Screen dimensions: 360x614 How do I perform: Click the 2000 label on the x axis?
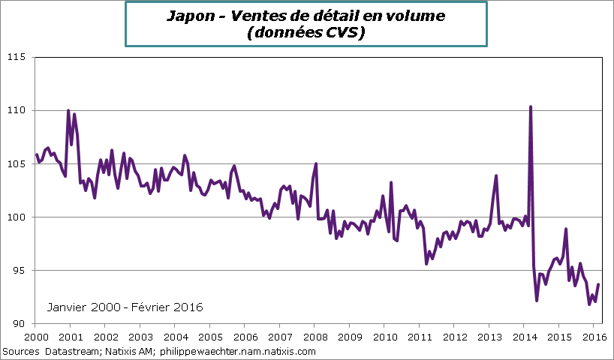pos(36,337)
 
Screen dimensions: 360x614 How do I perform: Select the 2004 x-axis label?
pos(176,337)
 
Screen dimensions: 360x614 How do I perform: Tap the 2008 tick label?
pos(315,337)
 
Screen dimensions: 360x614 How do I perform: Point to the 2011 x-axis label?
pos(420,337)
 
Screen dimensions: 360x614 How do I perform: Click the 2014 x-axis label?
pos(525,337)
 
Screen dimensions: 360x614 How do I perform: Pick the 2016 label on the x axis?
pos(594,337)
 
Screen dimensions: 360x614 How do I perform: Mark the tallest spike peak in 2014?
pos(531,106)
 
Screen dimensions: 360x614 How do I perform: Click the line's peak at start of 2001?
pos(68,111)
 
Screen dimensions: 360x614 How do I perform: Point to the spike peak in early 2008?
pos(316,163)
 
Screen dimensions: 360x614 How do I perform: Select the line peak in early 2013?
pos(496,175)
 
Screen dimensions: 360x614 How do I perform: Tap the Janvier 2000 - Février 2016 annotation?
pos(125,307)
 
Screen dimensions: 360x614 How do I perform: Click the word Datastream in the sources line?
pos(71,351)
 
